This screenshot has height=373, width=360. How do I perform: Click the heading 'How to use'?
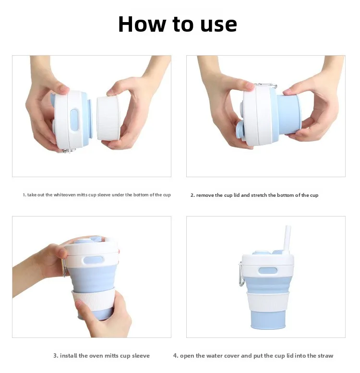[x=178, y=24]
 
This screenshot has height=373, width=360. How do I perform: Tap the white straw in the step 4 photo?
[x=288, y=238]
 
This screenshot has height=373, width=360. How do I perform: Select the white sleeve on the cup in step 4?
[x=267, y=301]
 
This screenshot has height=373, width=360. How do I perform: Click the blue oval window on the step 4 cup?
[x=267, y=270]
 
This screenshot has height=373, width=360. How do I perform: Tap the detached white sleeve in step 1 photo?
[x=108, y=118]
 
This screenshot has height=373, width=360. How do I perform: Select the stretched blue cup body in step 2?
[x=288, y=114]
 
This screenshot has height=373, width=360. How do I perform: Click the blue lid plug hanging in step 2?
[x=240, y=129]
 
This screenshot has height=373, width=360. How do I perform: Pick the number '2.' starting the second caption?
[x=192, y=195]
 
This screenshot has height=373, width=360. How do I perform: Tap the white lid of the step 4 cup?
[x=267, y=259]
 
